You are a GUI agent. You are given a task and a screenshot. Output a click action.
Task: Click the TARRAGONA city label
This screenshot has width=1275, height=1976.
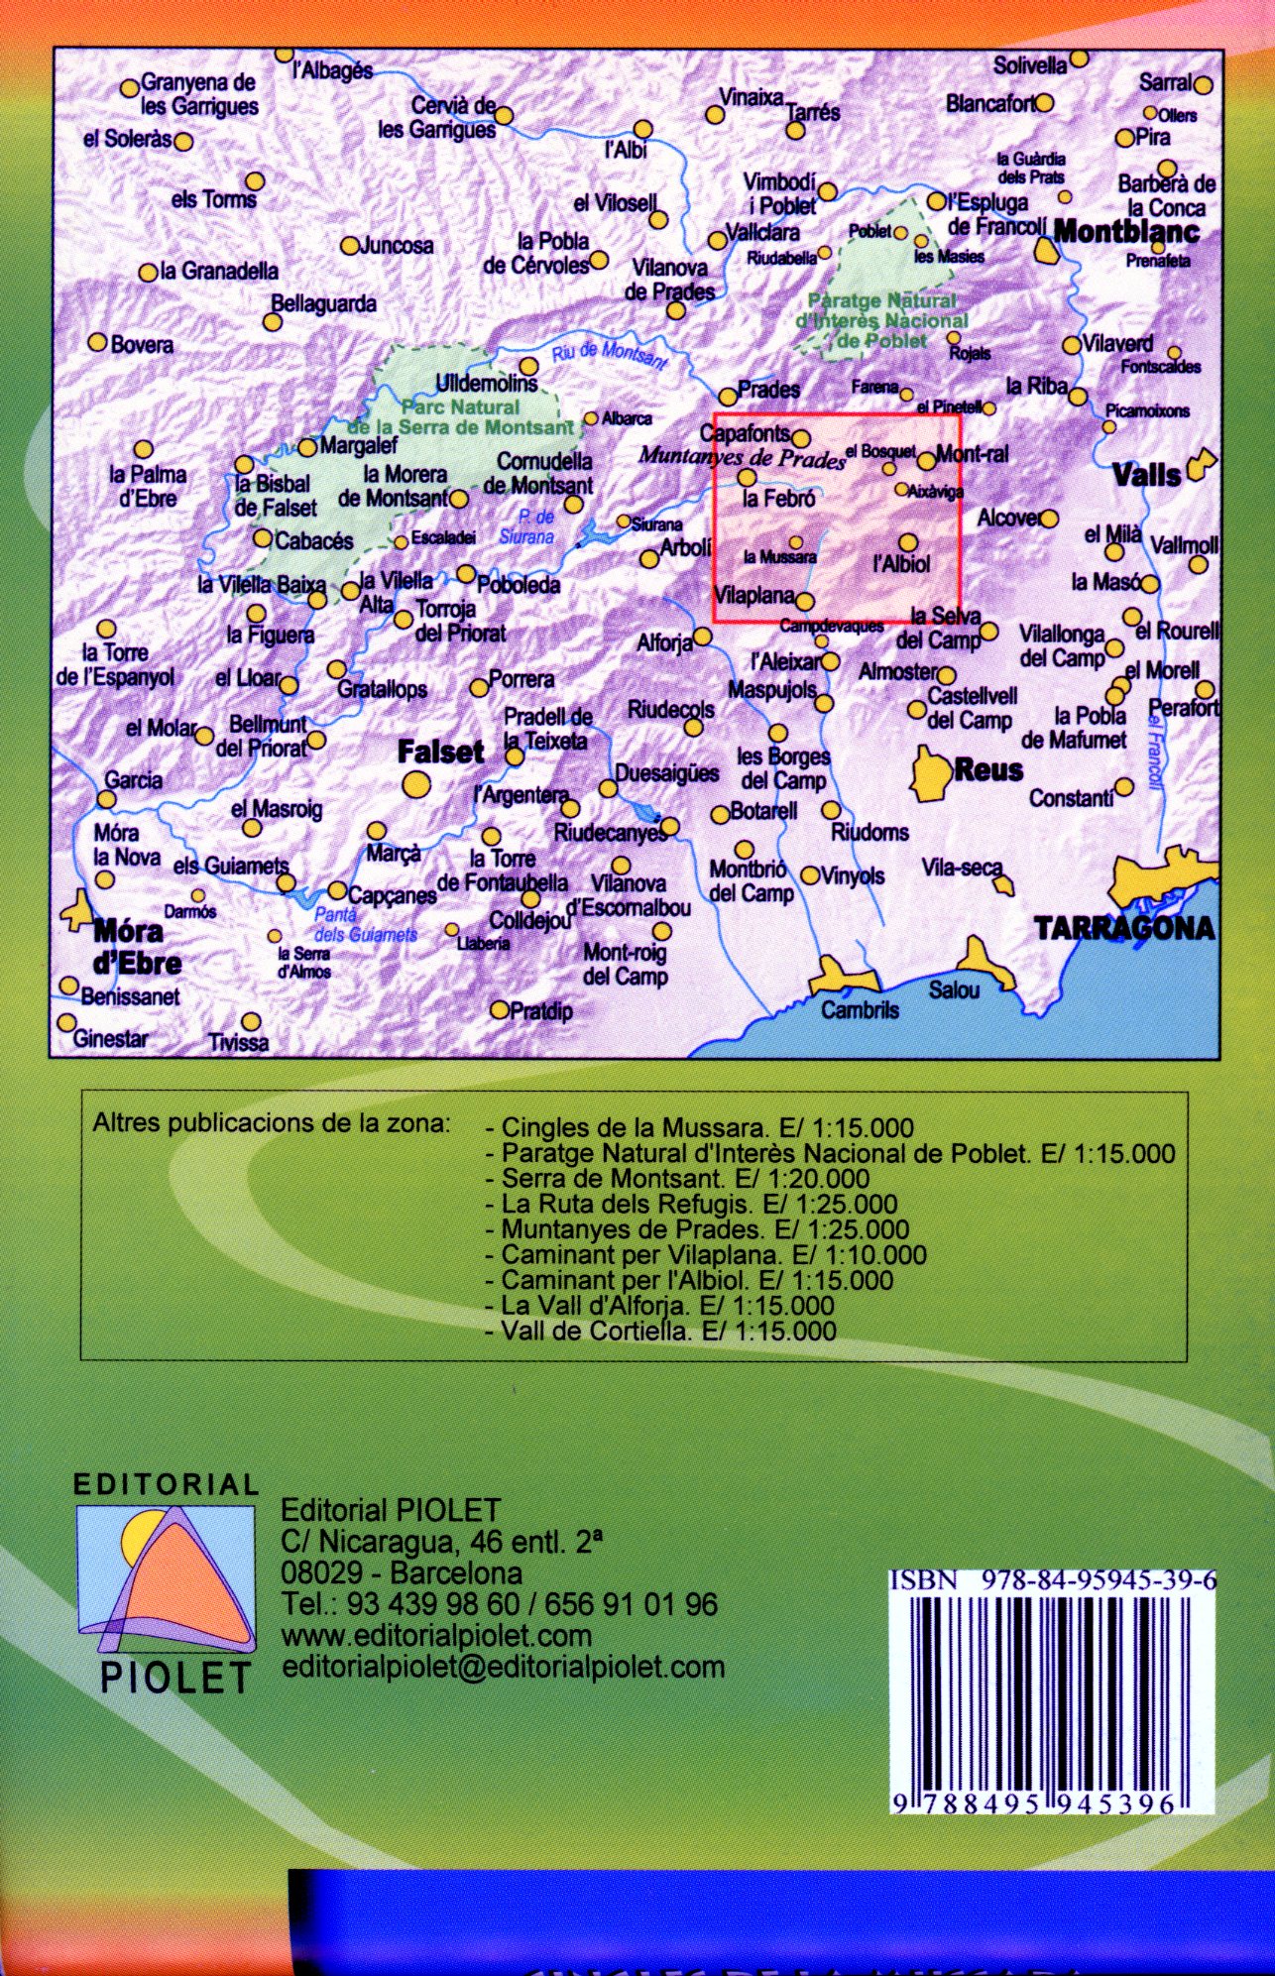[1124, 929]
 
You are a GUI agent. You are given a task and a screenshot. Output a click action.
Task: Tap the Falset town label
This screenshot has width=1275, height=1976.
[440, 753]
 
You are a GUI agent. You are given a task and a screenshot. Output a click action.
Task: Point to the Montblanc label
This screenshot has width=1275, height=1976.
[1126, 232]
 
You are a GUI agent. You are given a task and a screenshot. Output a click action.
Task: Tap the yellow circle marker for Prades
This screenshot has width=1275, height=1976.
[728, 397]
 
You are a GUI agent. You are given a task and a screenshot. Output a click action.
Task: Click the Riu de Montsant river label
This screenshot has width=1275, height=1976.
[609, 354]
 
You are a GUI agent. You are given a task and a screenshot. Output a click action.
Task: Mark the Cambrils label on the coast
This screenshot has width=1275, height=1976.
[860, 1010]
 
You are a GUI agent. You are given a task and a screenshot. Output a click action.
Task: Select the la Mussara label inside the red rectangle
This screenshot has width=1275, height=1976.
[779, 558]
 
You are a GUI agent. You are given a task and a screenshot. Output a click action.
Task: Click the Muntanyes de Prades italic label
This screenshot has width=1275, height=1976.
[742, 457]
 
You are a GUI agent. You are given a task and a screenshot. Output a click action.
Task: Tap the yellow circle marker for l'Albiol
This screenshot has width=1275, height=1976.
[908, 542]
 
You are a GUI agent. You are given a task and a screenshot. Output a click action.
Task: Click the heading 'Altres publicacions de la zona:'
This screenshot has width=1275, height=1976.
[271, 1124]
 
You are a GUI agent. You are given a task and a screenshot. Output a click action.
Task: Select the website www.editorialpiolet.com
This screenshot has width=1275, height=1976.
[436, 1635]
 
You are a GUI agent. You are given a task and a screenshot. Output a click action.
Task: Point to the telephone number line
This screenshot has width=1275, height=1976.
[500, 1604]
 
